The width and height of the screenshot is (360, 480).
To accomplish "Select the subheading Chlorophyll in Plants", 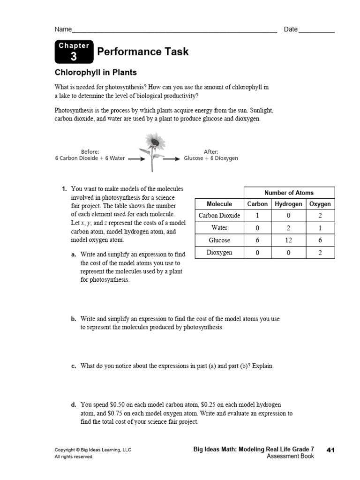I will click(x=96, y=73).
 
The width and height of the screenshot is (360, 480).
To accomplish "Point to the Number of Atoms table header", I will click(x=289, y=193).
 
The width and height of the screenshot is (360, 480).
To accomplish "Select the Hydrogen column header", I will click(x=288, y=204).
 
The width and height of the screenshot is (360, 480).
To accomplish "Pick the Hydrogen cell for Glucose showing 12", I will click(x=288, y=240).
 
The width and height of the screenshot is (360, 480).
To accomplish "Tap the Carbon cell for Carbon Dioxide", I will click(x=257, y=216).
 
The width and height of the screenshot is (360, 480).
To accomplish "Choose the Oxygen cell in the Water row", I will click(x=320, y=228).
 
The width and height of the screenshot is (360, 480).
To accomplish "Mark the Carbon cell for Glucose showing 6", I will click(x=257, y=240).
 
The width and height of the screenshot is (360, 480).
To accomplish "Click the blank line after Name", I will click(x=173, y=31).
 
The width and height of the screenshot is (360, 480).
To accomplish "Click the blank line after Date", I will click(x=316, y=31).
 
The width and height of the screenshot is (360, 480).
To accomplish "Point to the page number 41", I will click(x=330, y=450).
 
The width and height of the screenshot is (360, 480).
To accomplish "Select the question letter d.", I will click(x=74, y=404).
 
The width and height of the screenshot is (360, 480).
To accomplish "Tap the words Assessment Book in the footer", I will click(x=290, y=457).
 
